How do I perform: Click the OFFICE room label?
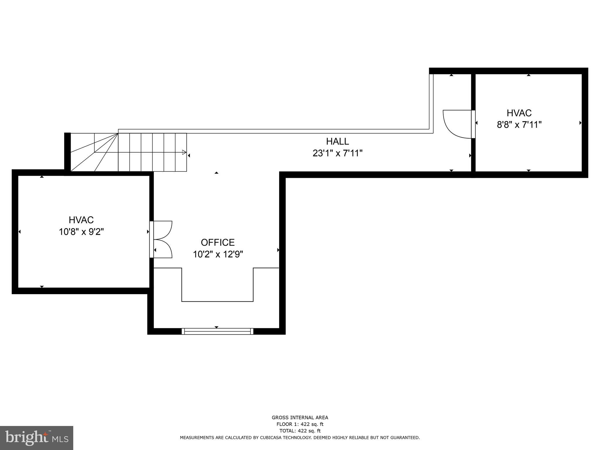(218, 242)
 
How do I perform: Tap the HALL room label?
(337, 141)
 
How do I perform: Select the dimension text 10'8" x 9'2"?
(81, 232)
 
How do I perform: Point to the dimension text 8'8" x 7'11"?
(519, 125)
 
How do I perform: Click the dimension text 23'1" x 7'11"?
(337, 153)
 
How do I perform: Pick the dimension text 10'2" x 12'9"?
(218, 254)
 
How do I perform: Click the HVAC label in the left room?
(81, 220)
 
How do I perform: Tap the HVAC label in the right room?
(519, 113)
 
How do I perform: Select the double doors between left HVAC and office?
(162, 239)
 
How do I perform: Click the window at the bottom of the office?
(217, 331)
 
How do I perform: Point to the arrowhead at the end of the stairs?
(184, 152)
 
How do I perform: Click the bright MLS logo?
(37, 438)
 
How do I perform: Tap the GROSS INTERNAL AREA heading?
(300, 418)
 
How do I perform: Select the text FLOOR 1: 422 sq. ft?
(300, 424)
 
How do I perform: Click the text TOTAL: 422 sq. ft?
(300, 431)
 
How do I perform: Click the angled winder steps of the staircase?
(94, 152)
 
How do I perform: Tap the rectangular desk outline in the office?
(217, 284)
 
